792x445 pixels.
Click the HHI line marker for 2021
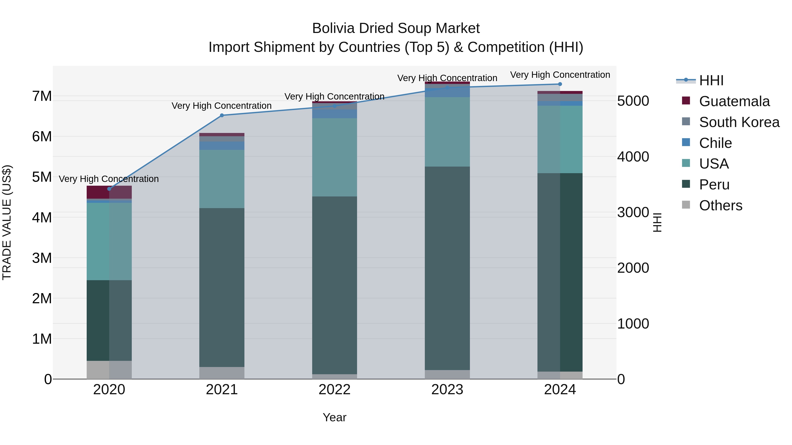tap(222, 115)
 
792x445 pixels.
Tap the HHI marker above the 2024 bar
tap(560, 84)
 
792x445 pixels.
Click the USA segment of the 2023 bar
tap(447, 132)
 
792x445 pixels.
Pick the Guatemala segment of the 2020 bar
tap(109, 192)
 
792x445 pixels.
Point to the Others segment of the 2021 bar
tap(222, 373)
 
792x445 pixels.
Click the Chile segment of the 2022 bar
tap(334, 114)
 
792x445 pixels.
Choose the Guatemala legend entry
tap(734, 101)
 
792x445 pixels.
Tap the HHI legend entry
tap(711, 80)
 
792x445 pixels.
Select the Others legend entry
tap(720, 205)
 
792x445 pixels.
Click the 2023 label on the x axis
tap(447, 390)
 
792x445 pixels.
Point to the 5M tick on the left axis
tap(42, 177)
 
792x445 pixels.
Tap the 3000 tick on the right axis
tap(633, 213)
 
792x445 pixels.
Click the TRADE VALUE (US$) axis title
tap(7, 222)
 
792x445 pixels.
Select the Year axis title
tap(334, 417)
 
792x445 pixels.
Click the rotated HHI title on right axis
tap(657, 222)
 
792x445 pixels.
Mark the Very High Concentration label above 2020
tap(109, 179)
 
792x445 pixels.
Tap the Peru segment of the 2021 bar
tap(222, 287)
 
